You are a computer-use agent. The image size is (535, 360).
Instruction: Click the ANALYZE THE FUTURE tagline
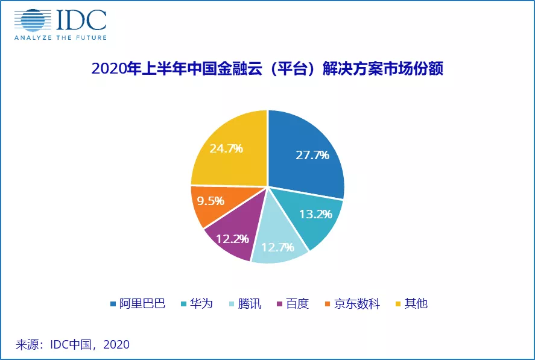click(60, 37)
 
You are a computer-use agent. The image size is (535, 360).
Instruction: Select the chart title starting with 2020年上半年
click(267, 69)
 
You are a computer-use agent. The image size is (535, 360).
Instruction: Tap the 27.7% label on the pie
click(312, 155)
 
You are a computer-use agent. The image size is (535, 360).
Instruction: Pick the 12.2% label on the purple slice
click(232, 238)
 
